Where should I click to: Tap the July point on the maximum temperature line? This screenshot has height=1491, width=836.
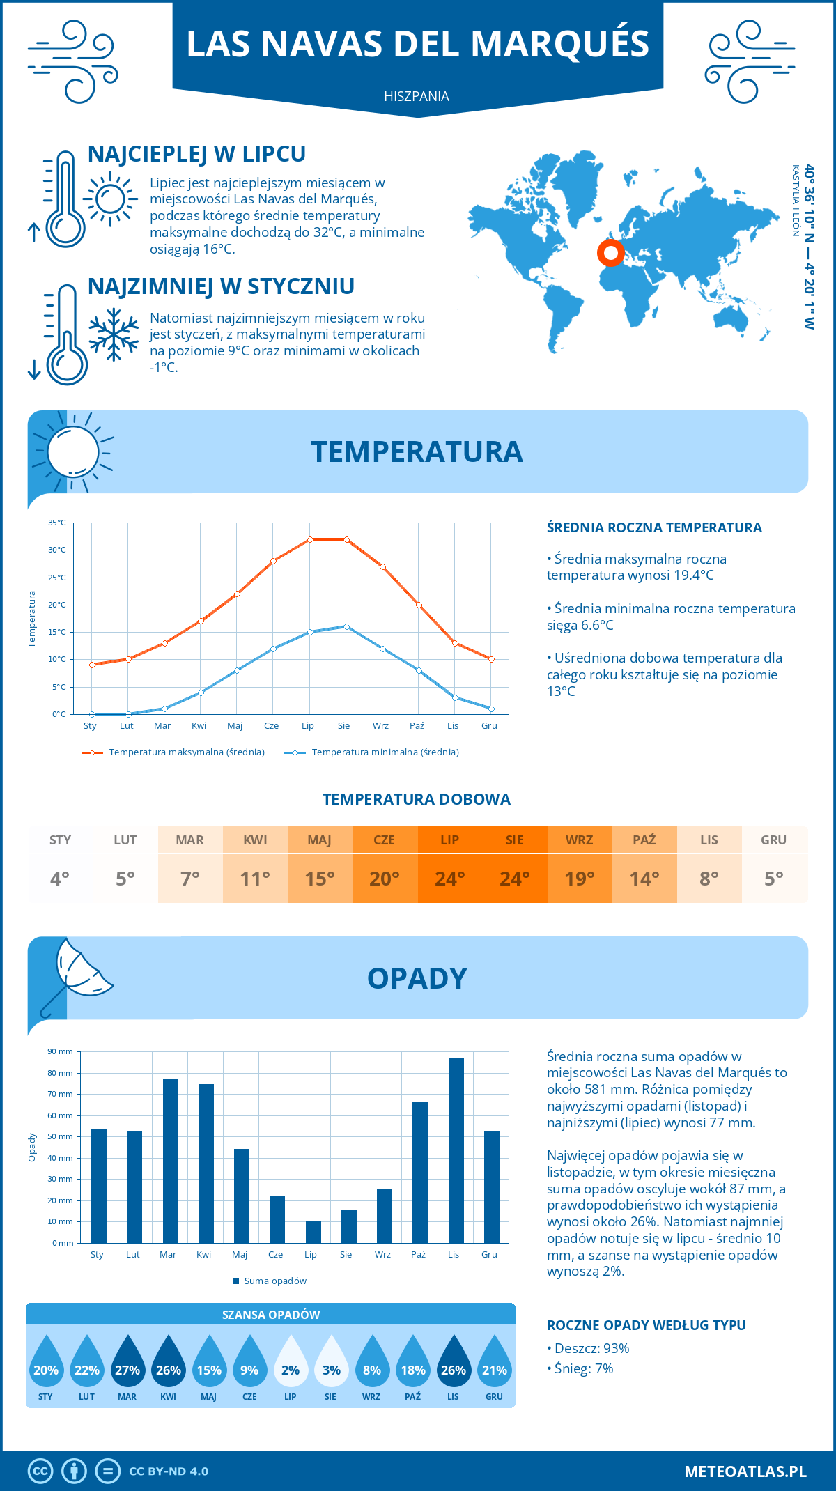click(x=310, y=539)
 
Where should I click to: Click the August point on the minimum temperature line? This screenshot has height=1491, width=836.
click(x=346, y=626)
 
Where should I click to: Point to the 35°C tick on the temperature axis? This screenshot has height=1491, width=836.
click(x=57, y=523)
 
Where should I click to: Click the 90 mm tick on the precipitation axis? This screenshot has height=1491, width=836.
click(x=60, y=1051)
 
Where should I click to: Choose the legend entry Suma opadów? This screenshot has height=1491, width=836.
click(x=274, y=1281)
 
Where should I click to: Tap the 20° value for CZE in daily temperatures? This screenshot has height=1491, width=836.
click(x=385, y=879)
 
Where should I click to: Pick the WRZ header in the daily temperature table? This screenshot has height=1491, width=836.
click(x=579, y=840)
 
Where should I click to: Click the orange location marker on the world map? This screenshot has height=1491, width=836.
click(x=611, y=253)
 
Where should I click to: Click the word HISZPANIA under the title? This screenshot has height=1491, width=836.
click(x=417, y=96)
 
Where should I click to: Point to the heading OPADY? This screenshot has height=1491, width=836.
click(x=417, y=978)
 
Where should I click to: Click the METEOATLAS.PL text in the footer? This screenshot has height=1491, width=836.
click(x=745, y=1471)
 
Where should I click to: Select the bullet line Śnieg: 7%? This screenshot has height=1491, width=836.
click(x=583, y=1368)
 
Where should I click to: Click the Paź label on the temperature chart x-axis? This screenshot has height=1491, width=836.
click(x=417, y=726)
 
